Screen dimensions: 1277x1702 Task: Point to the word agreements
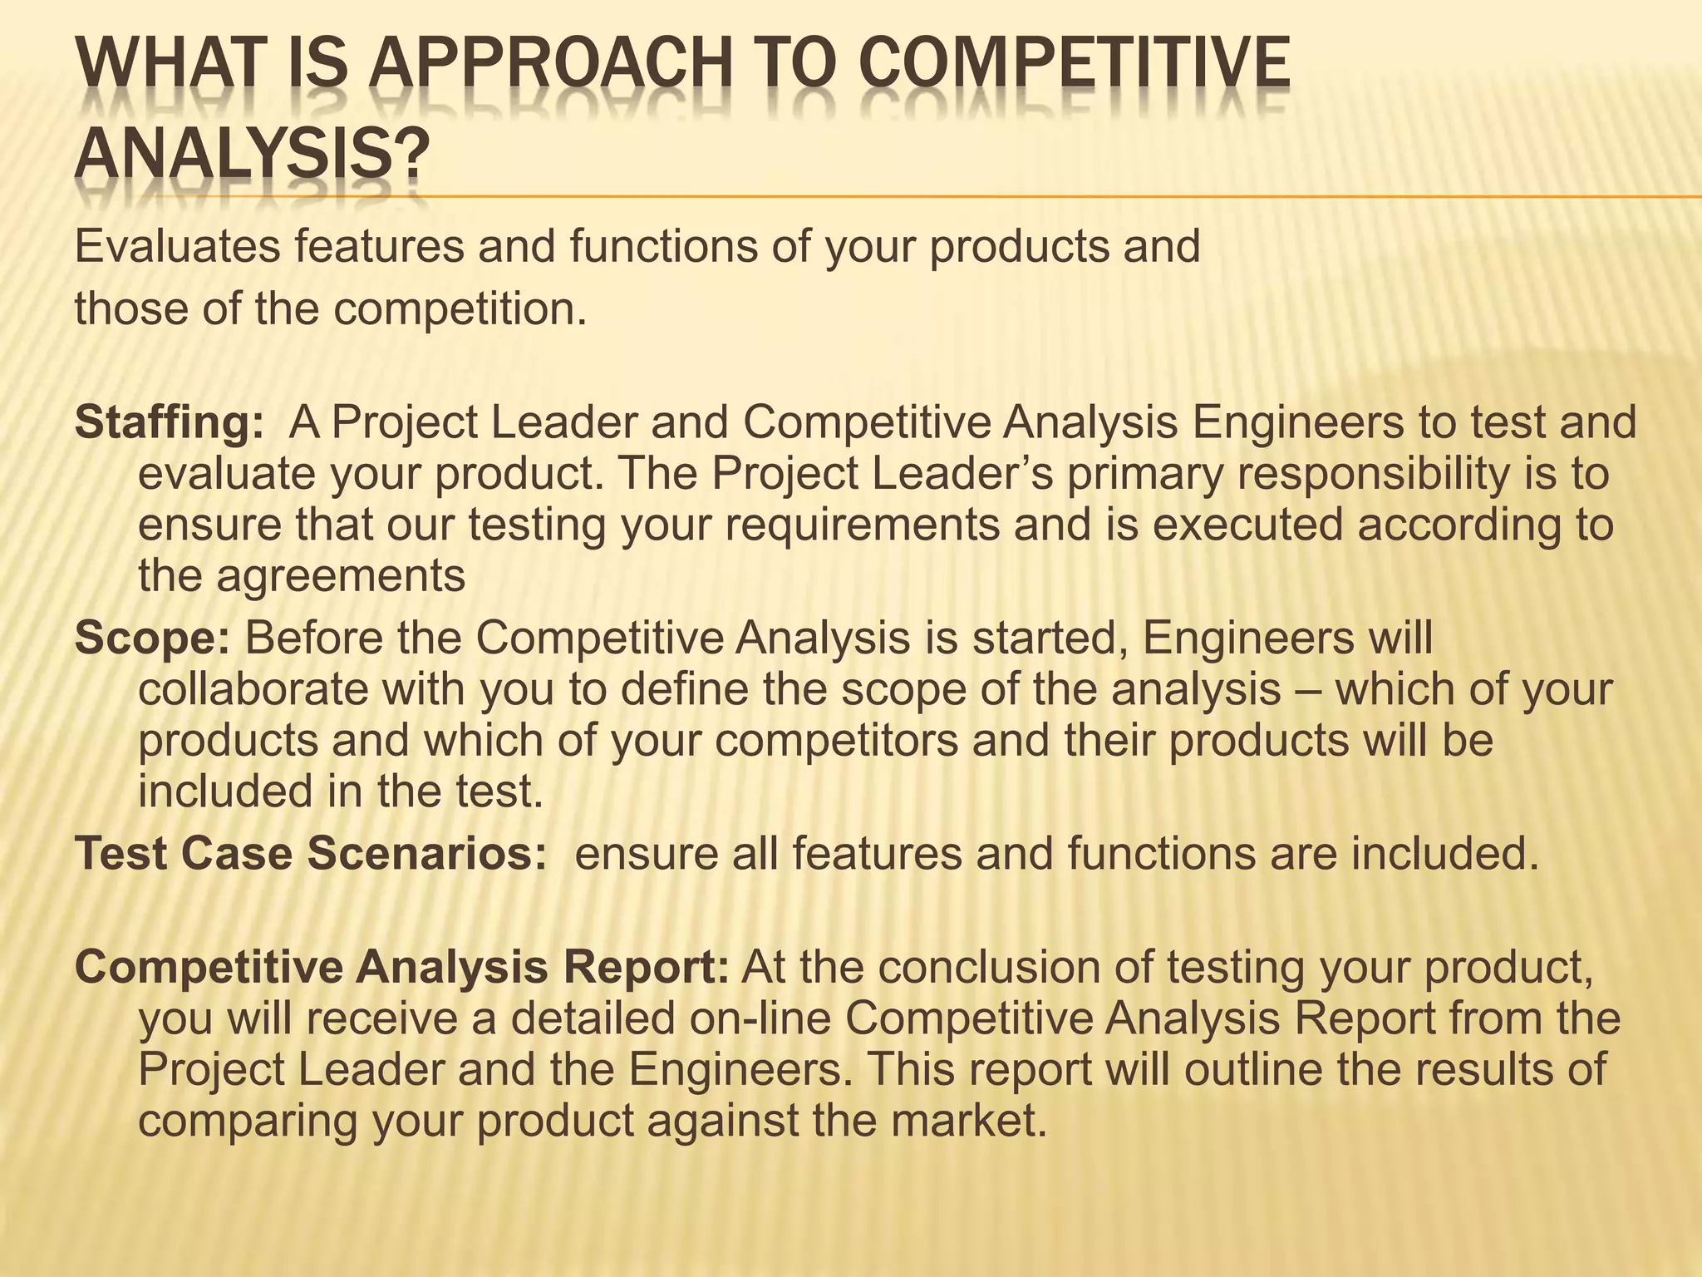pyautogui.click(x=340, y=575)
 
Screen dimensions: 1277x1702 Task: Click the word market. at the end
pyautogui.click(x=967, y=1121)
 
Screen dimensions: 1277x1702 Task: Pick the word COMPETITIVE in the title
pyautogui.click(x=1075, y=63)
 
